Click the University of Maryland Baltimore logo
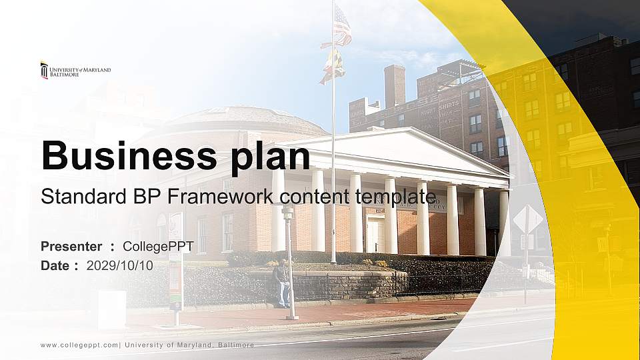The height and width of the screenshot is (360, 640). pyautogui.click(x=75, y=70)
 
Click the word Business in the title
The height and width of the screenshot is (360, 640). pyautogui.click(x=129, y=155)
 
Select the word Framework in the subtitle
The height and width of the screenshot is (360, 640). pyautogui.click(x=220, y=196)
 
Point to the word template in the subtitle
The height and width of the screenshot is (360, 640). pyautogui.click(x=395, y=197)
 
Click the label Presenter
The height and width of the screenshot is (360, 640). pyautogui.click(x=71, y=247)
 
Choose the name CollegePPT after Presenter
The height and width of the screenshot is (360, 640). pyautogui.click(x=159, y=247)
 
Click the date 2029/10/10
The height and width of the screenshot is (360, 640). pyautogui.click(x=120, y=266)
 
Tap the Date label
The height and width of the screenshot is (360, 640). pyautogui.click(x=55, y=266)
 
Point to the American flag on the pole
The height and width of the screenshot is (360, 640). pyautogui.click(x=339, y=25)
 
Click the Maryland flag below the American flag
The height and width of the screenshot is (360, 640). pyautogui.click(x=333, y=66)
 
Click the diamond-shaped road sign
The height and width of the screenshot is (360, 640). pyautogui.click(x=528, y=219)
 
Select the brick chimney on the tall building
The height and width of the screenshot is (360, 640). pyautogui.click(x=395, y=86)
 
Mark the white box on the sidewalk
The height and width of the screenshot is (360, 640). pyautogui.click(x=112, y=309)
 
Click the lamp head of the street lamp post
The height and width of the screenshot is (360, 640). pyautogui.click(x=288, y=212)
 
